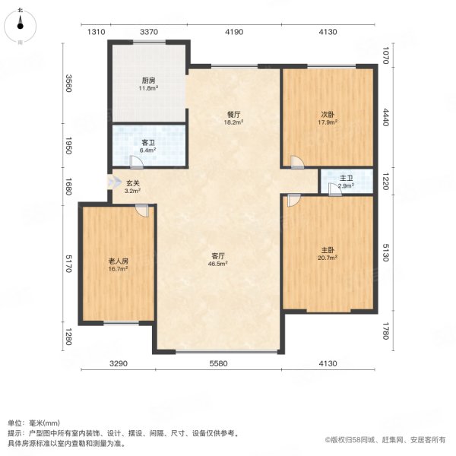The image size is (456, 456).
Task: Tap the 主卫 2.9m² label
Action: click(347, 182)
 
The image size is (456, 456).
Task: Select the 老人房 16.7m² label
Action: click(118, 264)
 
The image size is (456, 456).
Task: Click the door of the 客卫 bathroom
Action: click(135, 162)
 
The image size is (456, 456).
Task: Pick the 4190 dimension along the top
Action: click(233, 31)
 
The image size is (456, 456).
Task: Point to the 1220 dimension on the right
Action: click(385, 182)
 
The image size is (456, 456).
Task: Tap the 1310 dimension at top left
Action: click(96, 31)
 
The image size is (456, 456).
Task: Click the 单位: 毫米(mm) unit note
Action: click(33, 423)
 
